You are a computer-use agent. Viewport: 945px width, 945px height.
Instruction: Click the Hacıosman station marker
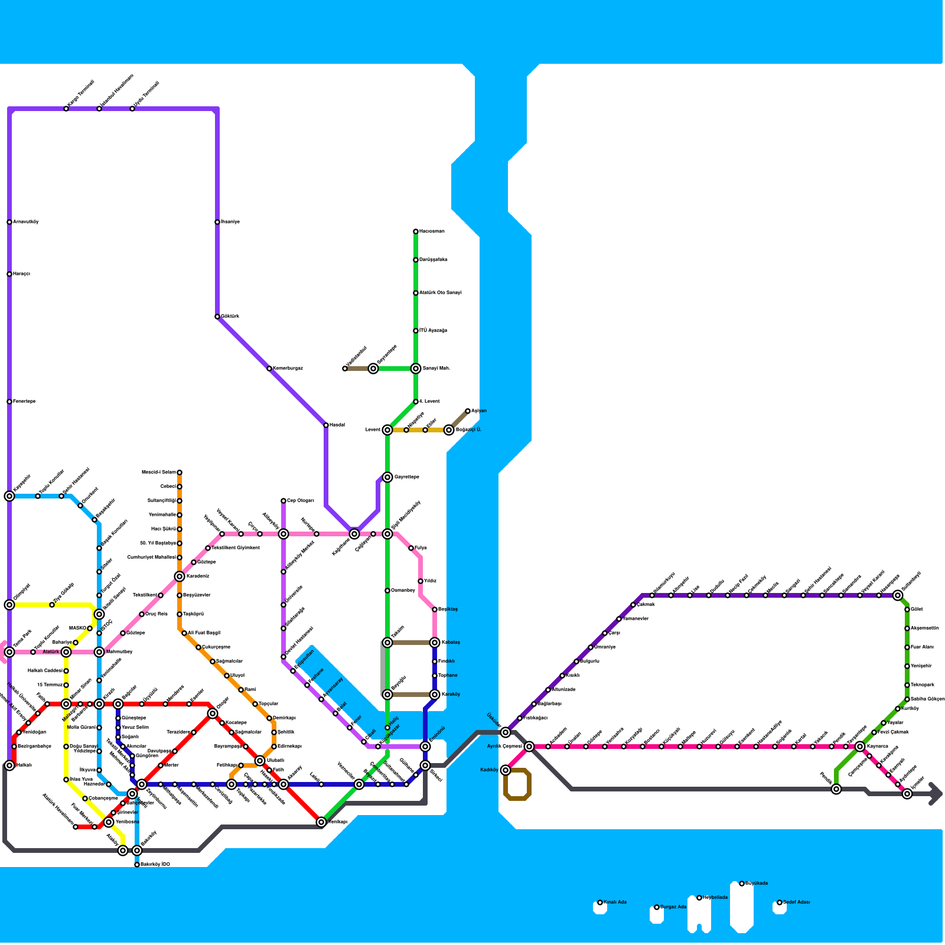click(x=416, y=232)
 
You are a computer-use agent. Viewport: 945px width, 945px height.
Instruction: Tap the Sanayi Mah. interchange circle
click(x=416, y=369)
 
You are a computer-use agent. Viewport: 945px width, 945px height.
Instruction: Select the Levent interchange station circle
click(x=387, y=430)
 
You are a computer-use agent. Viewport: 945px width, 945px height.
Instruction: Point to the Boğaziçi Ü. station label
click(x=468, y=430)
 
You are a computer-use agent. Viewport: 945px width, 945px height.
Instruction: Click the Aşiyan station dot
click(x=468, y=411)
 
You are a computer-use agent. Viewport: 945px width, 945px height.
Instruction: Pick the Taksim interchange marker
click(x=387, y=643)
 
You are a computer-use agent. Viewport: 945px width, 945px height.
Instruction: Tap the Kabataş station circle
click(x=435, y=643)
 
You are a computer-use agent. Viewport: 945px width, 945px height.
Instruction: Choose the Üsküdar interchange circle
click(x=506, y=732)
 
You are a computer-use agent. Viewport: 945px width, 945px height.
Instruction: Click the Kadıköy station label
click(x=489, y=770)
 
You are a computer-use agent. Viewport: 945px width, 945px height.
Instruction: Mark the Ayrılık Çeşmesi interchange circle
click(x=529, y=747)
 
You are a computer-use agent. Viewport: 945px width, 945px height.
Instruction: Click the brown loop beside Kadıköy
click(x=518, y=785)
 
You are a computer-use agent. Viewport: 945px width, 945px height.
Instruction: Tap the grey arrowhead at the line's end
click(x=936, y=794)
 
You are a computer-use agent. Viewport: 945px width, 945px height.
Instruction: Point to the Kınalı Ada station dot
click(x=600, y=902)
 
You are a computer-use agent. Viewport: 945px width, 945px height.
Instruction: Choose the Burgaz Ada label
click(x=673, y=907)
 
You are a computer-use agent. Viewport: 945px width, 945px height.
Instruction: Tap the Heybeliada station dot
click(x=699, y=898)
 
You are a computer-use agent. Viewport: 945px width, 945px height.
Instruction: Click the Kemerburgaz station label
click(x=288, y=369)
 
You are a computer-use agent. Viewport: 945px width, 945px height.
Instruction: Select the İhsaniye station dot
click(x=217, y=222)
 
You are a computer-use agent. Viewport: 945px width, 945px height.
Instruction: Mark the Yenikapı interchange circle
click(x=321, y=822)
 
